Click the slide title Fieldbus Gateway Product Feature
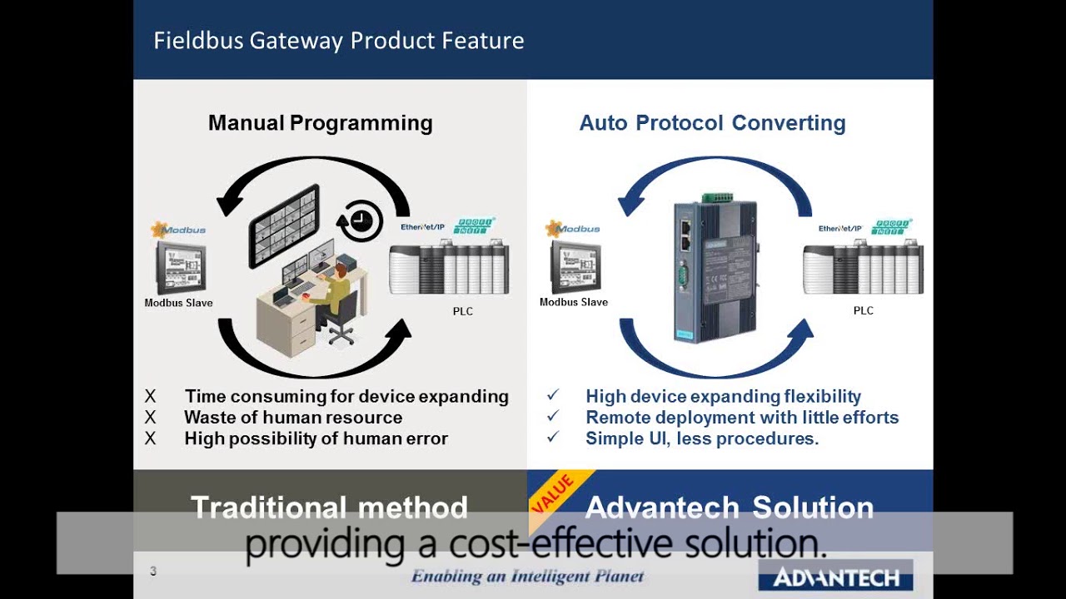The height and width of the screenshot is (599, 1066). click(338, 41)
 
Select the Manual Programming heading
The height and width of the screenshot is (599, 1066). click(320, 123)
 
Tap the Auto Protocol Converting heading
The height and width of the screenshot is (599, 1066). click(712, 123)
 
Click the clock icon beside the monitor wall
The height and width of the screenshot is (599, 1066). click(361, 221)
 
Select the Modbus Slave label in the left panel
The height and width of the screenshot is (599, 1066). click(178, 303)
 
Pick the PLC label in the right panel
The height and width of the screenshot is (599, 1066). click(863, 310)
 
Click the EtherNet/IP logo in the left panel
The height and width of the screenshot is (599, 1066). click(422, 227)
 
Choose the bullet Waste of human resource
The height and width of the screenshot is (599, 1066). click(293, 418)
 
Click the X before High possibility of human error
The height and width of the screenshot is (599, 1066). click(150, 438)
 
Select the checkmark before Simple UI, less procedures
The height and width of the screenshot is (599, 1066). click(553, 438)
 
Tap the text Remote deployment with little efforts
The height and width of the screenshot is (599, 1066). click(741, 418)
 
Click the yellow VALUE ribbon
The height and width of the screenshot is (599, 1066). click(555, 493)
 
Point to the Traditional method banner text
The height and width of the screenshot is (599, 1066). click(329, 507)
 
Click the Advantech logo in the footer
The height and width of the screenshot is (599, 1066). click(835, 577)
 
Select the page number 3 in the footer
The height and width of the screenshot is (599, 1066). click(153, 571)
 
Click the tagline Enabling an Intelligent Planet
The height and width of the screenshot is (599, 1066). click(527, 576)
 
